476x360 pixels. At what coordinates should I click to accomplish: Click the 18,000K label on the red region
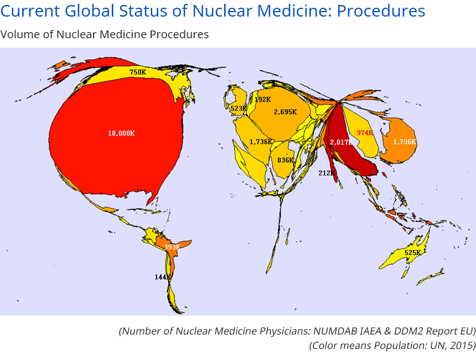(121, 133)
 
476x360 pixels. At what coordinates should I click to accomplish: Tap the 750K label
(138, 72)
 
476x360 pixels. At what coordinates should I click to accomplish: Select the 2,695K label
(285, 112)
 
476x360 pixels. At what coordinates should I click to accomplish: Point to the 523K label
(238, 109)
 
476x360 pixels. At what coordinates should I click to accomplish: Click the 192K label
(262, 100)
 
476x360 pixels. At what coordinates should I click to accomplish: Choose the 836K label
(286, 160)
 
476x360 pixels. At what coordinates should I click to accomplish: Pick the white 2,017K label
(341, 142)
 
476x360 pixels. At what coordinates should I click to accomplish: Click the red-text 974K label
(365, 133)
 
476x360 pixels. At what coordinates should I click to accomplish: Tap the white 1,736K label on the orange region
(404, 142)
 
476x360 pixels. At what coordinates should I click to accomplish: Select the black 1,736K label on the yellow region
(260, 142)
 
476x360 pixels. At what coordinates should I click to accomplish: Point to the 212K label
(327, 173)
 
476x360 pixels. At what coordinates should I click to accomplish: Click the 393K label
(172, 247)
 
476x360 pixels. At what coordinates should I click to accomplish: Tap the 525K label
(413, 253)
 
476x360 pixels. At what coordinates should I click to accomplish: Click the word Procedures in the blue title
(381, 11)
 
